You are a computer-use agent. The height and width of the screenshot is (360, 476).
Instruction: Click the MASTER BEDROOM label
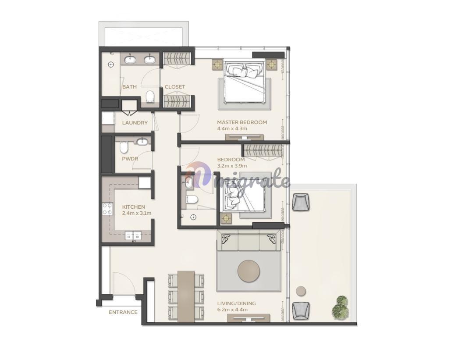(242, 122)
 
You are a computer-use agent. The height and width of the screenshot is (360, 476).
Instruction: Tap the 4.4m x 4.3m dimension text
(232, 128)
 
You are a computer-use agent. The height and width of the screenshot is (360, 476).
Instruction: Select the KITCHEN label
(134, 207)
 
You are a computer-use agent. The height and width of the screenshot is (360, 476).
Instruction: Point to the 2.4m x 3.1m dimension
(137, 213)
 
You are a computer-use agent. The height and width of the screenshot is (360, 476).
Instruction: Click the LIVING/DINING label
(237, 303)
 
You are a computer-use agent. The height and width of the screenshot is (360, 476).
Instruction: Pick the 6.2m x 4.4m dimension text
(232, 310)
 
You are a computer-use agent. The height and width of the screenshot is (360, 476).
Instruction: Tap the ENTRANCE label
(123, 312)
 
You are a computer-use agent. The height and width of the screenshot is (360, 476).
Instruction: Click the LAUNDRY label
(135, 123)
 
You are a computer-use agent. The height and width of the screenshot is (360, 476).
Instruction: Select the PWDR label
(130, 159)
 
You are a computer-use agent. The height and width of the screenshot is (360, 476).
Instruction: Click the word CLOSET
(175, 87)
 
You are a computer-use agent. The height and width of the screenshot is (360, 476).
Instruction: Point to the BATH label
(129, 87)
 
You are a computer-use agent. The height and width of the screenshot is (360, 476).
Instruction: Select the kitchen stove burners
(107, 209)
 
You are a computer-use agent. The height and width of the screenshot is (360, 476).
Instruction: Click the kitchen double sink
(133, 236)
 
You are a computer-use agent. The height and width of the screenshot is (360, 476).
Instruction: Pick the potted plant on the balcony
(340, 307)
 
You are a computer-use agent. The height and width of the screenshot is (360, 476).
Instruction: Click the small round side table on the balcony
(301, 291)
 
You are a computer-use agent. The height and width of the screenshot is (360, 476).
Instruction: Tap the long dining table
(186, 296)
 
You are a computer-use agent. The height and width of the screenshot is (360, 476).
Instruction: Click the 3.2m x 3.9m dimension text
(232, 166)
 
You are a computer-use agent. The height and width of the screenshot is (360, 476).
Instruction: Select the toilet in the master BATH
(150, 96)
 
